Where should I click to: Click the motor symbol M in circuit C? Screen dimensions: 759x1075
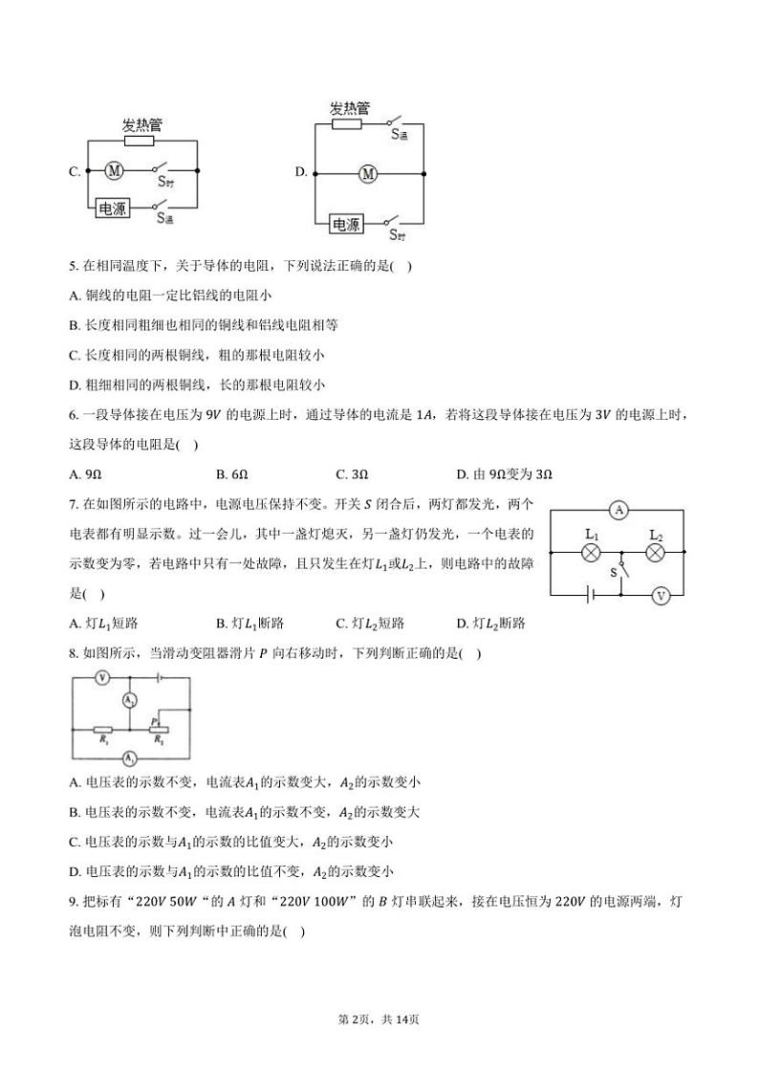pos(114,171)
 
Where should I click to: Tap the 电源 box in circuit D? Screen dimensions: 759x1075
pos(346,225)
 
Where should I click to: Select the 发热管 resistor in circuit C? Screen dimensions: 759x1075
pos(139,141)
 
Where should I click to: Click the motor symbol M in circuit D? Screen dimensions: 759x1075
pos(369,173)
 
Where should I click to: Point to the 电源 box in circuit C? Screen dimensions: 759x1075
pos(111,208)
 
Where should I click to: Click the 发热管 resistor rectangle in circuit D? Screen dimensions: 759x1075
pos(345,122)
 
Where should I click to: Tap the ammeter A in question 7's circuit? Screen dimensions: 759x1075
pos(619,511)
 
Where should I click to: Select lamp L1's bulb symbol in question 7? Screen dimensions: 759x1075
pos(591,553)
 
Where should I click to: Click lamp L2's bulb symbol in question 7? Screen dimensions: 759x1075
pos(656,553)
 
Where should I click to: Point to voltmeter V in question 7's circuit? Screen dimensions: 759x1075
pos(660,595)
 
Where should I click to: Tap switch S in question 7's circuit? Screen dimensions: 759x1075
pos(622,572)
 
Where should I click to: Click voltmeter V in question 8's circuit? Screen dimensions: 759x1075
pos(102,677)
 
